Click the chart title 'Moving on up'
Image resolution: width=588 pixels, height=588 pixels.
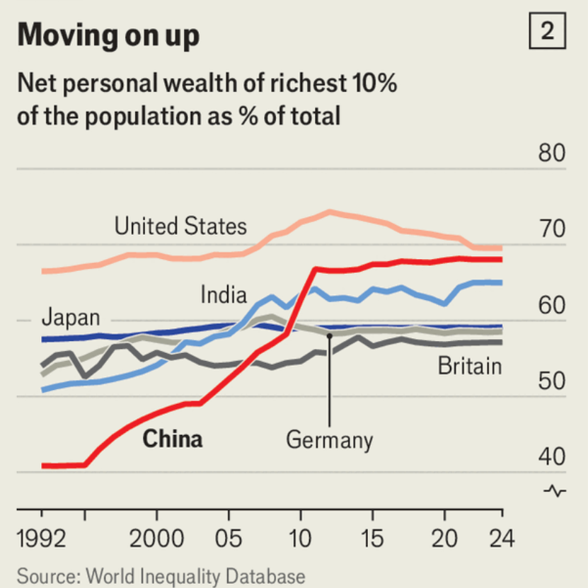pos(108,35)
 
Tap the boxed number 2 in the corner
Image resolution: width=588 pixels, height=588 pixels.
pos(547,32)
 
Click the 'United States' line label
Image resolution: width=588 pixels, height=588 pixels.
pos(180,226)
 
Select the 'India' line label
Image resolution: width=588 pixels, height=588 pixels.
pos(224,294)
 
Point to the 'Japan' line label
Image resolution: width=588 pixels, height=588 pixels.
pos(71,317)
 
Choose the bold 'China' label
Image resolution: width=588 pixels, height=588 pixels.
pos(173,439)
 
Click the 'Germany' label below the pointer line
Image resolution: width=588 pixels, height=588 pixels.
pos(329,440)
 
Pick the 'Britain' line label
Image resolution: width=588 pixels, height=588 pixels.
pos(469,367)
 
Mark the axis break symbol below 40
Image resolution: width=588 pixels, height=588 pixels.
pos(555,490)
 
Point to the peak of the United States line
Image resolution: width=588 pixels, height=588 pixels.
pos(329,211)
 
